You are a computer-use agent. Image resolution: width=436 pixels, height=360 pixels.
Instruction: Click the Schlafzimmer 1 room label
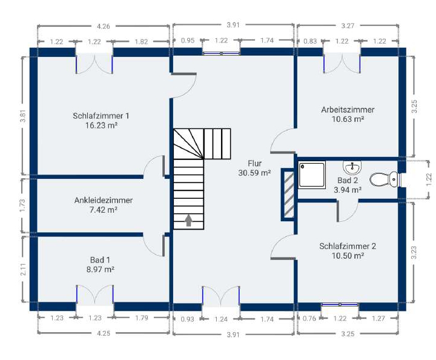pyautogui.click(x=101, y=116)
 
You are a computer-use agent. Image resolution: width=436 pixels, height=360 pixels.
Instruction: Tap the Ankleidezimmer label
pyautogui.click(x=103, y=201)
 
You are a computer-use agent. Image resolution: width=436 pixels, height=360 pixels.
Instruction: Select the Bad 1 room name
pyautogui.click(x=100, y=260)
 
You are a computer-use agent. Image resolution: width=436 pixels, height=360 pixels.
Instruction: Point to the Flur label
pyautogui.click(x=255, y=163)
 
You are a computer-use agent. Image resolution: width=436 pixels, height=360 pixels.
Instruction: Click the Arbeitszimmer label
pyautogui.click(x=348, y=110)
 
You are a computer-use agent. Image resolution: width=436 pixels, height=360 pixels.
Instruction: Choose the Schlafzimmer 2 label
pyautogui.click(x=348, y=246)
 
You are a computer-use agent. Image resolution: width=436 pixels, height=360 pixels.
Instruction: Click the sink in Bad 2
pyautogui.click(x=352, y=167)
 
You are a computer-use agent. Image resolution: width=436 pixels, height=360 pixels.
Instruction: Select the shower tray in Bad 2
pyautogui.click(x=312, y=175)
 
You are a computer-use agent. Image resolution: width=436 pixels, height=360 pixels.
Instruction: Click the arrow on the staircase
pyautogui.click(x=189, y=220)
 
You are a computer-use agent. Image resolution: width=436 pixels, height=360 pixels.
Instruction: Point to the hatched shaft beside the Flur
pyautogui.click(x=289, y=194)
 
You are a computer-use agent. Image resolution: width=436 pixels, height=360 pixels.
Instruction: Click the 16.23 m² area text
pyautogui.click(x=101, y=125)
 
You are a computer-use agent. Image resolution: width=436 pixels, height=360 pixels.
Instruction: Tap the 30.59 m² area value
pyautogui.click(x=254, y=173)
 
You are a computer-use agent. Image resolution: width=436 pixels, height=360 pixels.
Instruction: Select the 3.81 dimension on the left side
pyautogui.click(x=23, y=116)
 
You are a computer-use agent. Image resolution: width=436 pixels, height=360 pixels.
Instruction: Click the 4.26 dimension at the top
pyautogui.click(x=104, y=27)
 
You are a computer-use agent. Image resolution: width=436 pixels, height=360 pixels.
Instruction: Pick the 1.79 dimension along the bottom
pyautogui.click(x=142, y=318)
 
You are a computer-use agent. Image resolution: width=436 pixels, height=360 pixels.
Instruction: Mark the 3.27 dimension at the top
pyautogui.click(x=348, y=26)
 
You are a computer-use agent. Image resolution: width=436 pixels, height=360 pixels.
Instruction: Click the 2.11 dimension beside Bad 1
pyautogui.click(x=24, y=269)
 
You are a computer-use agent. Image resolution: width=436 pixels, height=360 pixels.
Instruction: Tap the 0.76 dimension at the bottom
pyautogui.click(x=309, y=318)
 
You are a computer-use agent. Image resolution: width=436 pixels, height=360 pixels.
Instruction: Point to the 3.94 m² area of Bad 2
pyautogui.click(x=348, y=190)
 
